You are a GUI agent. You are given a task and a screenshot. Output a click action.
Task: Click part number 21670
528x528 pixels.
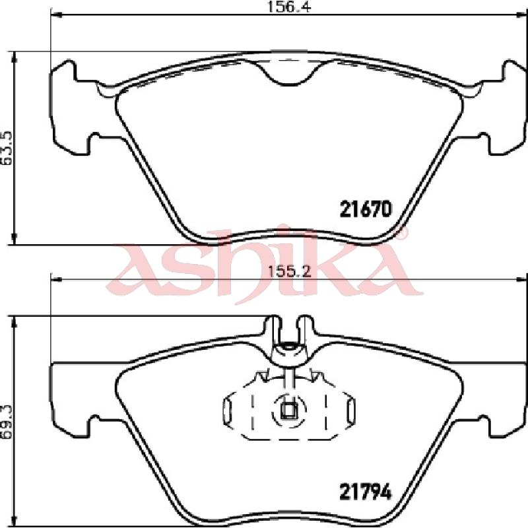click(x=366, y=209)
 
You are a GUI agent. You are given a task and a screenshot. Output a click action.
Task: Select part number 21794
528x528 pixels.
click(x=366, y=492)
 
